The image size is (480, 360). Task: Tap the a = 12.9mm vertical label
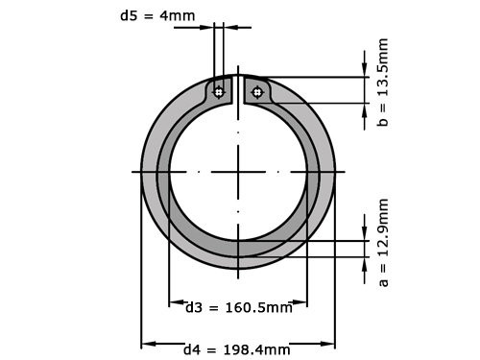tap(384, 244)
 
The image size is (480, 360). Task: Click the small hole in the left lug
tap(220, 92)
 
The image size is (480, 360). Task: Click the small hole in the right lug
tap(256, 92)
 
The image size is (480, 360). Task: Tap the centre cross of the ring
tap(238, 172)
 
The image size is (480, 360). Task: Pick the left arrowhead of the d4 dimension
tap(147, 343)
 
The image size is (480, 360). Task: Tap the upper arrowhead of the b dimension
tap(364, 70)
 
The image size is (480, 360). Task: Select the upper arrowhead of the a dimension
tap(364, 233)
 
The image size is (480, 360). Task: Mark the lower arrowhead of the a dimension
tap(364, 264)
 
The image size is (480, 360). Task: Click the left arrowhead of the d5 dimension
tap(208, 27)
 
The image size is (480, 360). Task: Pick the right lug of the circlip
tap(258, 91)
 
